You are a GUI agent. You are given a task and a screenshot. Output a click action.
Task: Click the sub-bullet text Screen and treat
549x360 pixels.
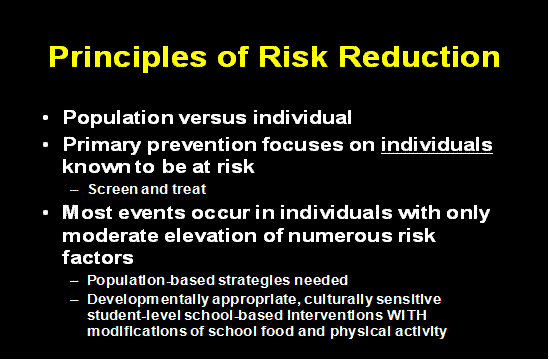(x=132, y=188)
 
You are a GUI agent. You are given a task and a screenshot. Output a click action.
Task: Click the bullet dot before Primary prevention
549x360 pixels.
(x=46, y=144)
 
